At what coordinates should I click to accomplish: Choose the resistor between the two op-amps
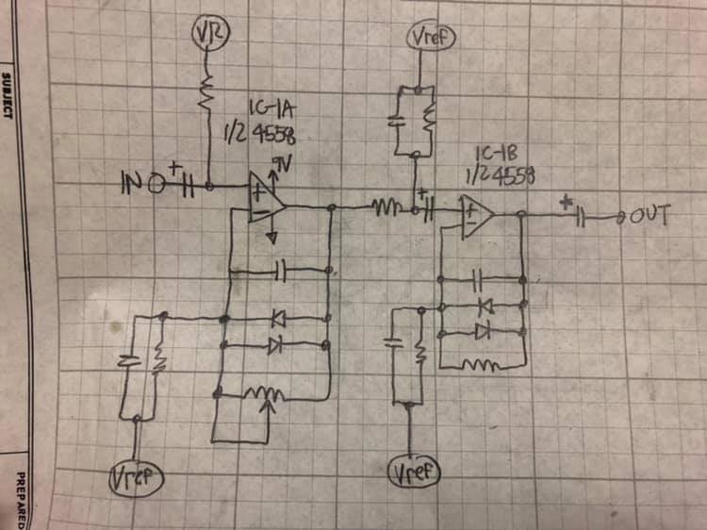[386, 207]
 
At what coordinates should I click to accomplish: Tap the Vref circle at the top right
[431, 38]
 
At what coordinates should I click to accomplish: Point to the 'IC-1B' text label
[495, 154]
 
